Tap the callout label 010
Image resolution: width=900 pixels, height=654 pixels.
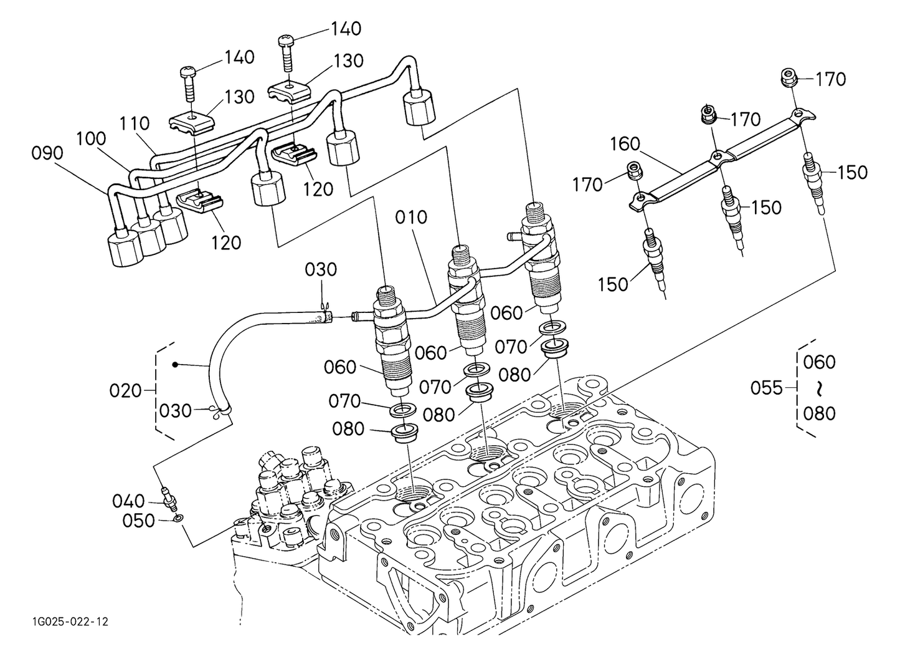[411, 218]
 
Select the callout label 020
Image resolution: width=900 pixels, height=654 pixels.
[125, 391]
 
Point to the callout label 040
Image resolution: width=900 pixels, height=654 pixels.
[128, 501]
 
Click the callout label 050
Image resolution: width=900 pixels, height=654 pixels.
[138, 521]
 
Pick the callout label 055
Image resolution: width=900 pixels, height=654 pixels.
[766, 388]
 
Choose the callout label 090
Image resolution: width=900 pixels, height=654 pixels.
[47, 153]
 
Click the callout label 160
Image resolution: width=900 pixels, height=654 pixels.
[625, 144]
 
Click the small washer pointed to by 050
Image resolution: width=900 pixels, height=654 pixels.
[179, 517]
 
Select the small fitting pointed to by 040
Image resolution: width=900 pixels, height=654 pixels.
[168, 497]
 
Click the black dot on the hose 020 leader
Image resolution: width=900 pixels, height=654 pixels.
[176, 363]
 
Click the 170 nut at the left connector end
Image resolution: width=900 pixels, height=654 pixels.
[633, 170]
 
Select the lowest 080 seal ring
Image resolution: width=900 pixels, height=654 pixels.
[404, 432]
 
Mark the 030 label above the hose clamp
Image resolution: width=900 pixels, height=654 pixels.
[321, 270]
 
